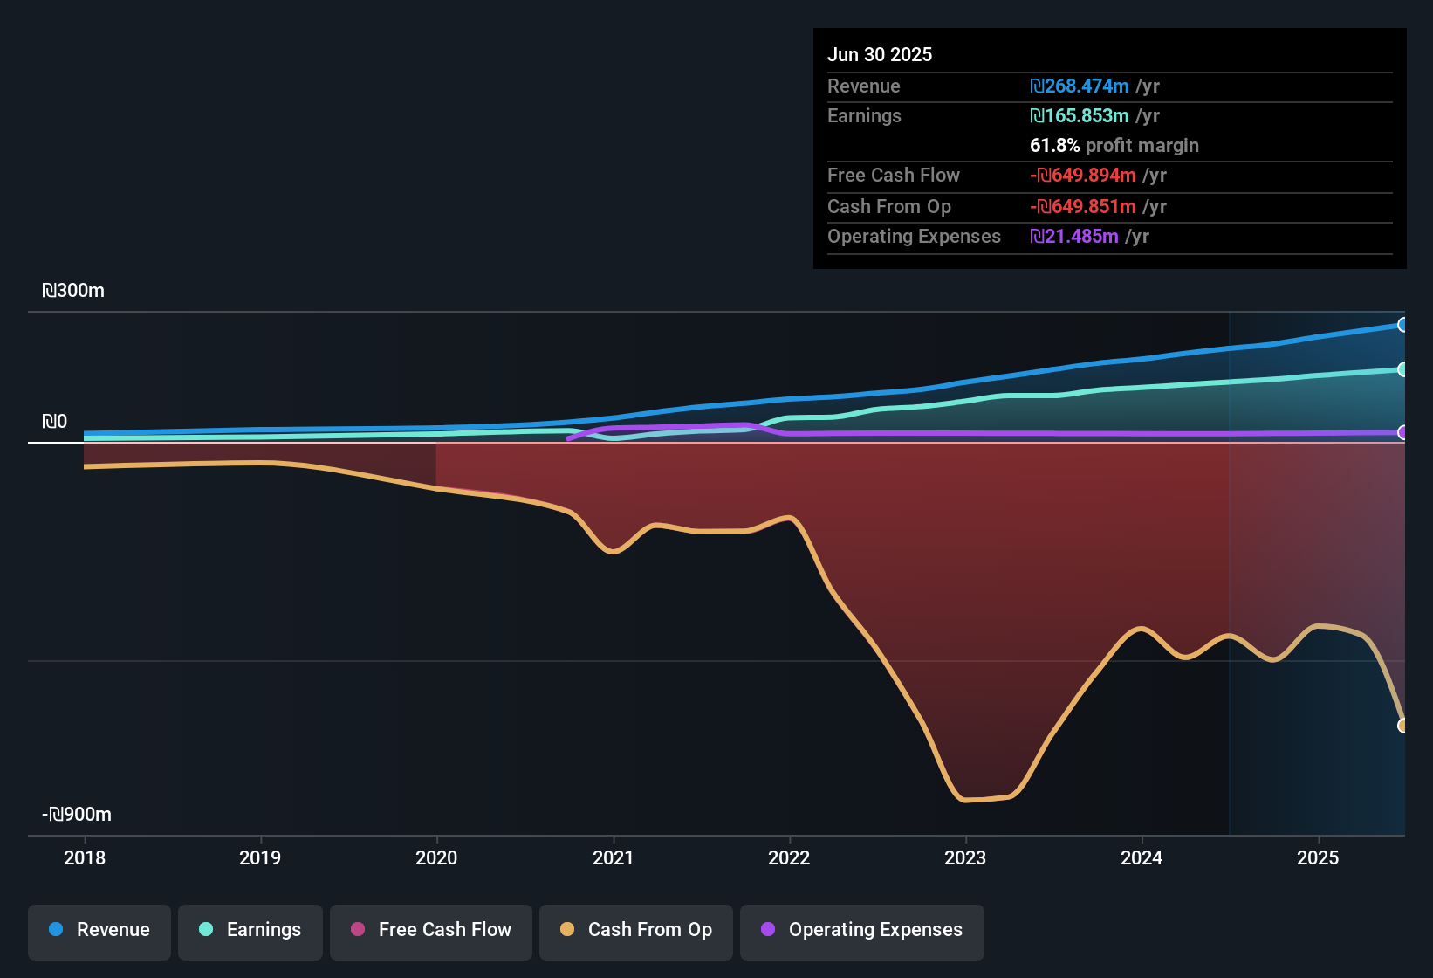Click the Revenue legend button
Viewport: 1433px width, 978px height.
(99, 930)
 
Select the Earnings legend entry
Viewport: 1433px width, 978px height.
(250, 930)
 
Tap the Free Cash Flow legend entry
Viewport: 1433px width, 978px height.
(431, 930)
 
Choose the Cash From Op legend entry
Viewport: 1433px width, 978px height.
(636, 930)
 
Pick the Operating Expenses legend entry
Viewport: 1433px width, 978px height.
(862, 930)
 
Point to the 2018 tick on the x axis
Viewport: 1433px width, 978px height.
(85, 857)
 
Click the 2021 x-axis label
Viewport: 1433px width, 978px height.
(614, 857)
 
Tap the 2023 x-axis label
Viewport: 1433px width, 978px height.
(965, 857)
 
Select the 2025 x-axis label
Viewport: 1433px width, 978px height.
(1318, 857)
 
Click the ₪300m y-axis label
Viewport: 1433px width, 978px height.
(73, 291)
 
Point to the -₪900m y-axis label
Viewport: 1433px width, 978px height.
(77, 815)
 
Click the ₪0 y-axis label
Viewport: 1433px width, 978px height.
(55, 422)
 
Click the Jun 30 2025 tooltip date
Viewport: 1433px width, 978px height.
(880, 55)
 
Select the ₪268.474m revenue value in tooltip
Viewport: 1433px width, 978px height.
(1080, 86)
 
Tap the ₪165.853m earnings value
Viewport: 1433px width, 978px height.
(1080, 116)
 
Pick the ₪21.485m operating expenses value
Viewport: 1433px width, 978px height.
(1074, 237)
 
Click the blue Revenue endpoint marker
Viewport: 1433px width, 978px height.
(1402, 325)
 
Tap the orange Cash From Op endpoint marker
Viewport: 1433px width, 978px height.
(1402, 726)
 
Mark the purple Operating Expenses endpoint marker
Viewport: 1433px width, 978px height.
(1402, 432)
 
